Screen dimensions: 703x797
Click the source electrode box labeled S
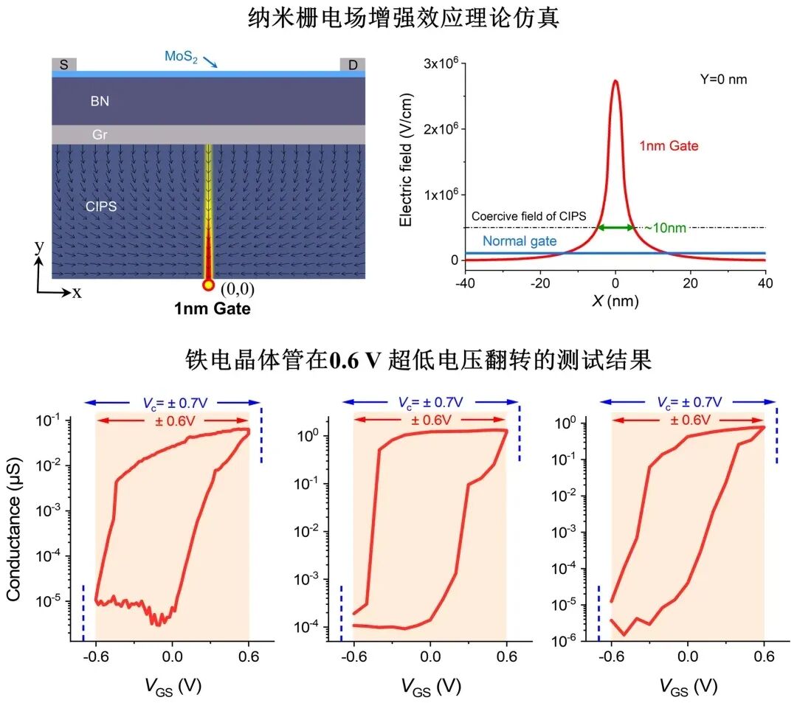click(63, 65)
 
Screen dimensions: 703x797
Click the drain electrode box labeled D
click(353, 65)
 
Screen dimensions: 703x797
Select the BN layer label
click(100, 102)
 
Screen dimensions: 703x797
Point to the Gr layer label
click(100, 134)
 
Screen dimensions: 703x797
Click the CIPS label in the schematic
click(102, 207)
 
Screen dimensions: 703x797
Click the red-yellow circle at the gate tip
click(208, 285)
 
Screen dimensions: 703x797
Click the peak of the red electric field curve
click(615, 81)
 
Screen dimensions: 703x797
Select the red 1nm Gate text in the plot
click(669, 146)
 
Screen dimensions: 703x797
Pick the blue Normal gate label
click(519, 241)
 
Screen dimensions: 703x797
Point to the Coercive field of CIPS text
click(528, 216)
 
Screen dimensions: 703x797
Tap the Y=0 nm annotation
click(723, 79)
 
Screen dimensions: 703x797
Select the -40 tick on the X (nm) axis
click(465, 283)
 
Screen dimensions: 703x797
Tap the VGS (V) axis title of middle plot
click(431, 686)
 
